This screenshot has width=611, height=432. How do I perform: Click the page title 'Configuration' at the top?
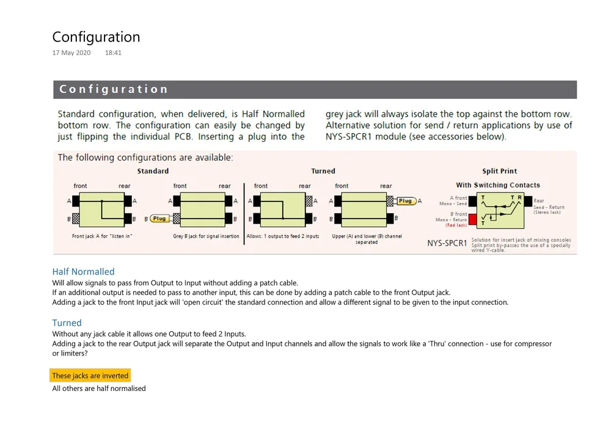tap(96, 37)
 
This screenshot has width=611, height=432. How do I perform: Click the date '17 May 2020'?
tap(71, 53)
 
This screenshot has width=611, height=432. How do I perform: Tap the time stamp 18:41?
tap(113, 53)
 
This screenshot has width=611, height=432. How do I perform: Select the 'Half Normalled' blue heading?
tap(83, 272)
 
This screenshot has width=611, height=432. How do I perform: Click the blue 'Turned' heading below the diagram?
tap(67, 323)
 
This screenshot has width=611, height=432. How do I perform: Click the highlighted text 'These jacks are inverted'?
tap(90, 376)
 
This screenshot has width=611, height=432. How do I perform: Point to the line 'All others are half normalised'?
tap(99, 389)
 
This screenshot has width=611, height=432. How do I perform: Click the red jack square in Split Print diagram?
tap(473, 218)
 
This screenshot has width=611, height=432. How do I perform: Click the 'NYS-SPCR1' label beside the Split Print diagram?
tap(447, 243)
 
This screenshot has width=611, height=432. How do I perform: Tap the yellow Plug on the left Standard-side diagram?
tap(159, 218)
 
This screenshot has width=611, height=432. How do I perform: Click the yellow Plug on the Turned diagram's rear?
tap(405, 201)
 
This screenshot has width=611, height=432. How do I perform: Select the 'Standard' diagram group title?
tap(153, 171)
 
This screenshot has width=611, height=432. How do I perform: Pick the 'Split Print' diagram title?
tap(499, 171)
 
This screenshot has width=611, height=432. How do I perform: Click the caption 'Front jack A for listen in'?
tap(102, 236)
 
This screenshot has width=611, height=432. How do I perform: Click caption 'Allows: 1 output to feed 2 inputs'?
tap(283, 236)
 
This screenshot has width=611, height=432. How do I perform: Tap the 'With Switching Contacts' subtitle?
tap(498, 185)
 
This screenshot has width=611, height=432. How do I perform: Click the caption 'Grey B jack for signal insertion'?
tap(206, 236)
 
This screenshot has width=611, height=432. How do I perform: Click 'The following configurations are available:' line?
tap(145, 158)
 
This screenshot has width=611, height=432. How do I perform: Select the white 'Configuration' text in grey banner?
tap(114, 89)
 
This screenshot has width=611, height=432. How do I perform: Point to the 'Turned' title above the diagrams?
tap(323, 171)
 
